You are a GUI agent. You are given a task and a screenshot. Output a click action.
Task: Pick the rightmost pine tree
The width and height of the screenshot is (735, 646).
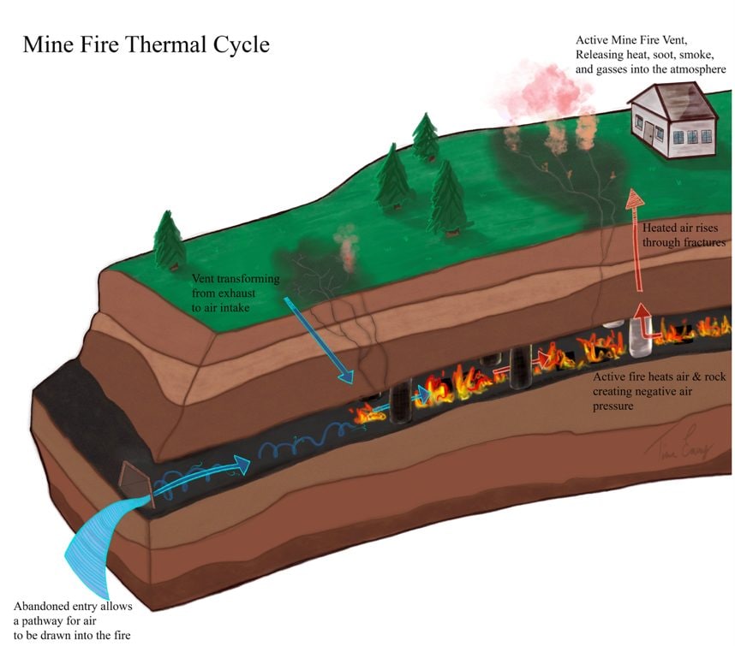pos(447,197)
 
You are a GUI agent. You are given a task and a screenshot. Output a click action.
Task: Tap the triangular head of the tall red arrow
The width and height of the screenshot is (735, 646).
pos(635,199)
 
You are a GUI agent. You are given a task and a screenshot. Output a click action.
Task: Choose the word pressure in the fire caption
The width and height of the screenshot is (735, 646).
pos(614,407)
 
